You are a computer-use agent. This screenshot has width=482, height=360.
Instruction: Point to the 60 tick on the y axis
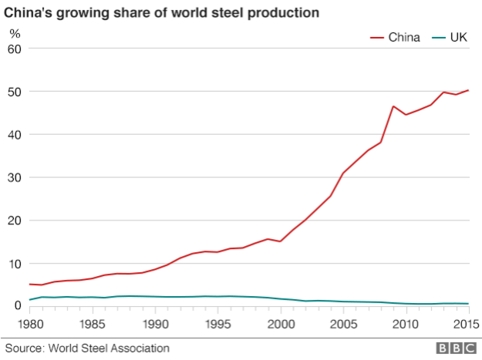[15, 49]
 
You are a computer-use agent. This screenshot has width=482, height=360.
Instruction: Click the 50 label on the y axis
[15, 92]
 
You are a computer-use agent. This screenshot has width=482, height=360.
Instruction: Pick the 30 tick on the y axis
[15, 177]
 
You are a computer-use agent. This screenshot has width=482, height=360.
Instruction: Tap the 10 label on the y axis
[15, 264]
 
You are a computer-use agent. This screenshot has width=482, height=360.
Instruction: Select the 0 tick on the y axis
[19, 306]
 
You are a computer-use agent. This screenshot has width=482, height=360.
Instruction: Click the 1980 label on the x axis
[29, 324]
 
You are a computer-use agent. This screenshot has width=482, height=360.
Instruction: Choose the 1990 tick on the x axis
[155, 324]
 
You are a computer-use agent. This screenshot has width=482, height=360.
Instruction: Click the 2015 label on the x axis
[467, 324]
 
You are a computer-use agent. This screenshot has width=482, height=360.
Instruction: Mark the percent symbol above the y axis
[14, 32]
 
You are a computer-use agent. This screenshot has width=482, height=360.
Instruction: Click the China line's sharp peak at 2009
[393, 106]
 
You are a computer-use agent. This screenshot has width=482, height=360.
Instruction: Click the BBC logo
[453, 348]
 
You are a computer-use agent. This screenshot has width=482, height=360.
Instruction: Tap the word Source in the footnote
[23, 348]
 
